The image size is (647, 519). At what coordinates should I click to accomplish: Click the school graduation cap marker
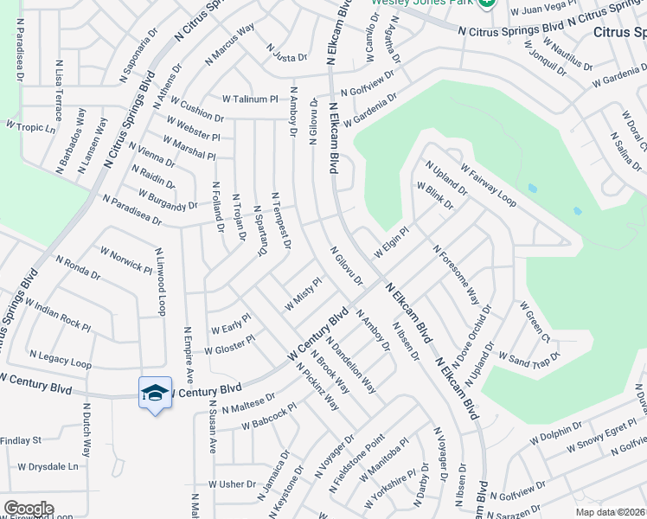[x=156, y=394]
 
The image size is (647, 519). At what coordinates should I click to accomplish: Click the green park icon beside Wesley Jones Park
[x=487, y=3]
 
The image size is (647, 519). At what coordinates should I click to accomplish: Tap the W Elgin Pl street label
[x=390, y=242]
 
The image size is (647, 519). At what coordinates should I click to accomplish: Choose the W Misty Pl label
[x=303, y=293]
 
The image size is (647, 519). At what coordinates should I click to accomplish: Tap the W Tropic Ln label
[x=30, y=126]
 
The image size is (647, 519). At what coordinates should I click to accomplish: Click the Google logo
[x=29, y=509]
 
